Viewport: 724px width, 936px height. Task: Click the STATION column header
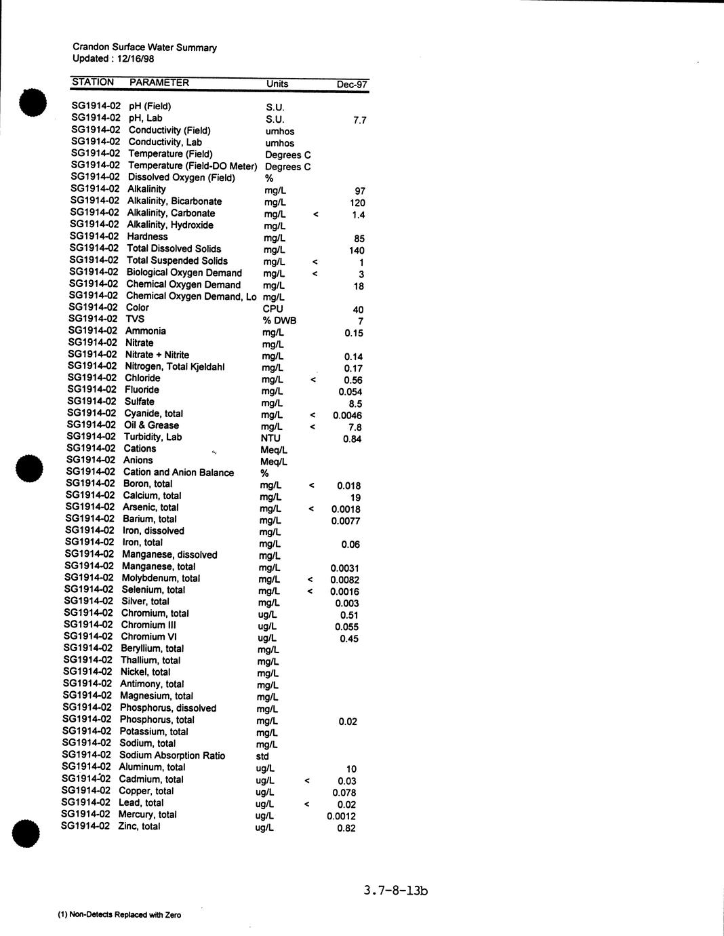(93, 82)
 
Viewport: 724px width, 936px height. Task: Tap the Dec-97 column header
(352, 85)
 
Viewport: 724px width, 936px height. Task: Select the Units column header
(277, 84)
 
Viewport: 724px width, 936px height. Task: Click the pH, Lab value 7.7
(360, 120)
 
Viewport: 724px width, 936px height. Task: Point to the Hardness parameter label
(147, 237)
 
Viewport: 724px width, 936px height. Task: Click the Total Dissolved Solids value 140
(357, 250)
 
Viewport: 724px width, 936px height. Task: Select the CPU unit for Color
(273, 309)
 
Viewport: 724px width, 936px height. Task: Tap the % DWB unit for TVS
(279, 320)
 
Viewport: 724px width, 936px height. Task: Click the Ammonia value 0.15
(353, 333)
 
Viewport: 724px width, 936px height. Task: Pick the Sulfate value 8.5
(355, 404)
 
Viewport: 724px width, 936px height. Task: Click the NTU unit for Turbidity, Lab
(270, 438)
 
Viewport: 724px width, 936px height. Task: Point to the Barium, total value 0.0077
(345, 521)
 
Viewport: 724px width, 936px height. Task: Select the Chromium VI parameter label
(143, 636)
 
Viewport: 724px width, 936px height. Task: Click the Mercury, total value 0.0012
(341, 816)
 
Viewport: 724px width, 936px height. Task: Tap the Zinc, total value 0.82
(346, 828)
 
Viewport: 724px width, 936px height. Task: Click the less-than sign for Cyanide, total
(313, 414)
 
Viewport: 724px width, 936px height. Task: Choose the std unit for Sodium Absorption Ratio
(262, 756)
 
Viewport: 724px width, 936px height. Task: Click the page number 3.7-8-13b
(395, 891)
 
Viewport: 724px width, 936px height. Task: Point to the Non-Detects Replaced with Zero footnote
(119, 915)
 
